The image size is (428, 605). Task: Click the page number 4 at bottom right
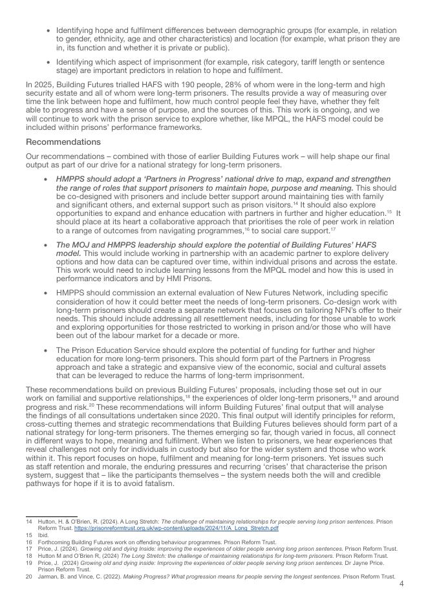click(x=401, y=584)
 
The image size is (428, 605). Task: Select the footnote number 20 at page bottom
click(x=29, y=576)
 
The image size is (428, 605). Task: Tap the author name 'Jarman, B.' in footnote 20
click(x=52, y=576)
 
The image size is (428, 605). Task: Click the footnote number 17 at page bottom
click(x=29, y=549)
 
